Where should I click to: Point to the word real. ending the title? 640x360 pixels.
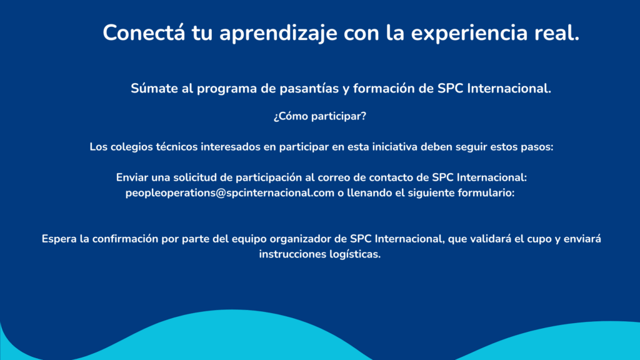click(x=557, y=32)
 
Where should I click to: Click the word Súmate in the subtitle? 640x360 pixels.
click(x=155, y=89)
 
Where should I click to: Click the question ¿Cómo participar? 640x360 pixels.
click(x=319, y=116)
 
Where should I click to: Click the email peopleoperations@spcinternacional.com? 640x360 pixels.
click(x=230, y=194)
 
